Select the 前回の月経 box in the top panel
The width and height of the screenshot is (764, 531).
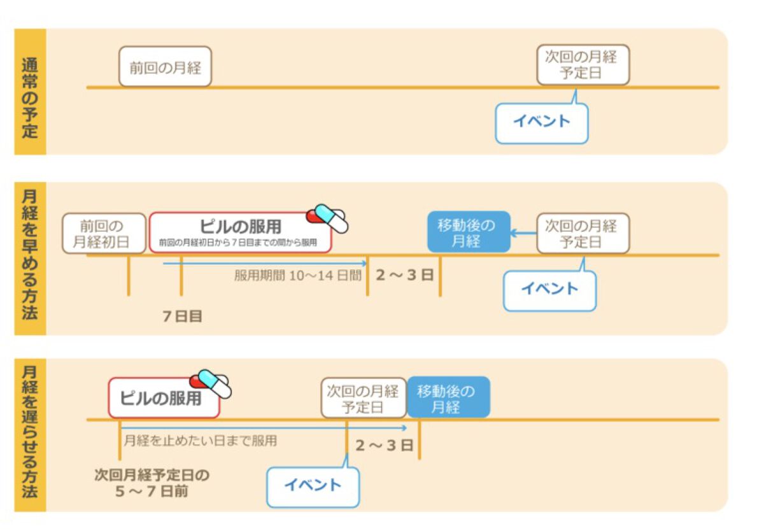[165, 66]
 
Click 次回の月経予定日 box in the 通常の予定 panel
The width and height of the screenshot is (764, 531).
[583, 64]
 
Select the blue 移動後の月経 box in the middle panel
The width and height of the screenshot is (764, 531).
[469, 232]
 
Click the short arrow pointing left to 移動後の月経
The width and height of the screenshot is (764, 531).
[524, 233]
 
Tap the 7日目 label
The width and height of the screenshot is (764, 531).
[183, 316]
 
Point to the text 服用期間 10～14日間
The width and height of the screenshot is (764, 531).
[297, 276]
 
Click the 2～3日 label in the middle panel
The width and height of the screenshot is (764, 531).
[404, 275]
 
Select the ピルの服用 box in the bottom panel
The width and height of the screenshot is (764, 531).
[164, 399]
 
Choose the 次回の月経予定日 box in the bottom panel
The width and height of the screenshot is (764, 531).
[364, 398]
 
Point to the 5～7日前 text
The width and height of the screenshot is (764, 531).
[152, 492]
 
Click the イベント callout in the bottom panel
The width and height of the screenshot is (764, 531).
[313, 485]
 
